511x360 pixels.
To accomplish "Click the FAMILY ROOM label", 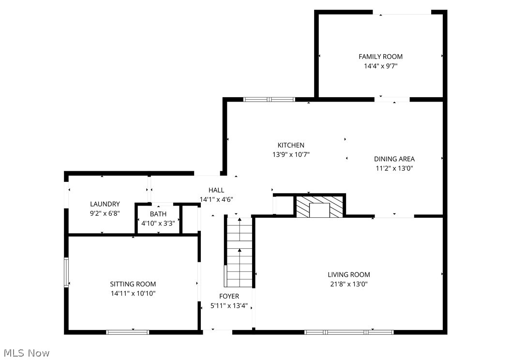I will tap(380, 57).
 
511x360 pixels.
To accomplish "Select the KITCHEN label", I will tap(291, 145).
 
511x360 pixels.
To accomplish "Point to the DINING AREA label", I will tap(394, 159).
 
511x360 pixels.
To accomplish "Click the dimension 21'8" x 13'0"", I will tap(348, 285).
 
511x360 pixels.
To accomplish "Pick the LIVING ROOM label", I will tap(348, 275).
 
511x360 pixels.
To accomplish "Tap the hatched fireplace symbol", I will tap(319, 206).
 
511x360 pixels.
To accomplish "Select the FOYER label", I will tap(229, 296).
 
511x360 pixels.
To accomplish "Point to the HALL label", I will tap(216, 190).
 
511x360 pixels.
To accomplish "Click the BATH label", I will tap(158, 214).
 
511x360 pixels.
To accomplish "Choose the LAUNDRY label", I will tap(105, 204).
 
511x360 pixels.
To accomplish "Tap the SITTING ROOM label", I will tap(133, 284).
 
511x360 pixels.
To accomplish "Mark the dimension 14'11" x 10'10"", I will tap(133, 293).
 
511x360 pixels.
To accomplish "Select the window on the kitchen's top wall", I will tap(269, 100).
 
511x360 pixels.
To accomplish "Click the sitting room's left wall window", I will tap(66, 272).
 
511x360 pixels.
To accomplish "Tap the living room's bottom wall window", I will tap(348, 332).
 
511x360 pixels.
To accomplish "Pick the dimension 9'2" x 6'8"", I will tap(105, 214).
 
